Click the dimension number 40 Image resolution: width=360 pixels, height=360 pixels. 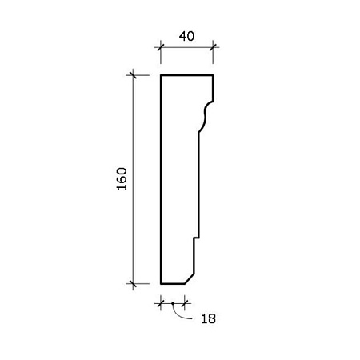186,36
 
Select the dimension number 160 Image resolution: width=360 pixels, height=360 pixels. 122,178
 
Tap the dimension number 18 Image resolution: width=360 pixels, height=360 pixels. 208,318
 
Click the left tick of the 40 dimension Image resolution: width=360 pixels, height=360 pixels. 161,47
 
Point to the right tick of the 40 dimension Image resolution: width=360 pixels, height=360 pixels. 213,47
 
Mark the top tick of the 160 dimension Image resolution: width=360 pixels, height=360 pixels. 133,75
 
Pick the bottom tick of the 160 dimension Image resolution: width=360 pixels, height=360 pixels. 133,284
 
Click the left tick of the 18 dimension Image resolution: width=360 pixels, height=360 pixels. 161,303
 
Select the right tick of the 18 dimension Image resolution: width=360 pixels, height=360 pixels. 185,303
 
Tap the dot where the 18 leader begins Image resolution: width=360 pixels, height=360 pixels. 173,303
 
